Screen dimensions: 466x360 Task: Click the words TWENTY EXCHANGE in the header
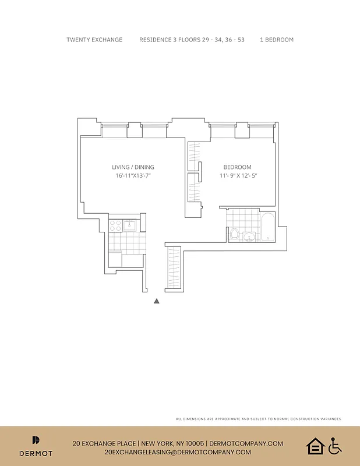click(x=94, y=40)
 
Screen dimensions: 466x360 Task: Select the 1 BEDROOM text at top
click(x=277, y=40)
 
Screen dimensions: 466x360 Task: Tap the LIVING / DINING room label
click(x=133, y=167)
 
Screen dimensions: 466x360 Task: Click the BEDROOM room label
click(x=238, y=167)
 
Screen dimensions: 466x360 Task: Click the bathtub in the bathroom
click(x=267, y=227)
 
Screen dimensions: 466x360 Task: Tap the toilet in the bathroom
click(x=234, y=235)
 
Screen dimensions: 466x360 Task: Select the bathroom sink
click(x=249, y=236)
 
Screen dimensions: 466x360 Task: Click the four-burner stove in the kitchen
click(x=115, y=224)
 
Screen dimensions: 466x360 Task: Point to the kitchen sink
click(x=129, y=224)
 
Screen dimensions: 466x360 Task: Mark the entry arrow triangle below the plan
click(x=157, y=301)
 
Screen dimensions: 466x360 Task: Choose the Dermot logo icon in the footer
click(x=36, y=441)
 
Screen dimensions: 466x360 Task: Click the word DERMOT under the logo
click(x=36, y=453)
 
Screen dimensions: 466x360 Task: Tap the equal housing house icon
click(x=315, y=446)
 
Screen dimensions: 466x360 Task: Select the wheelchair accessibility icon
click(x=334, y=446)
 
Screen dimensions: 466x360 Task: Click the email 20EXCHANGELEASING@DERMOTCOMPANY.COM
click(x=178, y=452)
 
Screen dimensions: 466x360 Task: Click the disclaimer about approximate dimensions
click(x=258, y=419)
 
